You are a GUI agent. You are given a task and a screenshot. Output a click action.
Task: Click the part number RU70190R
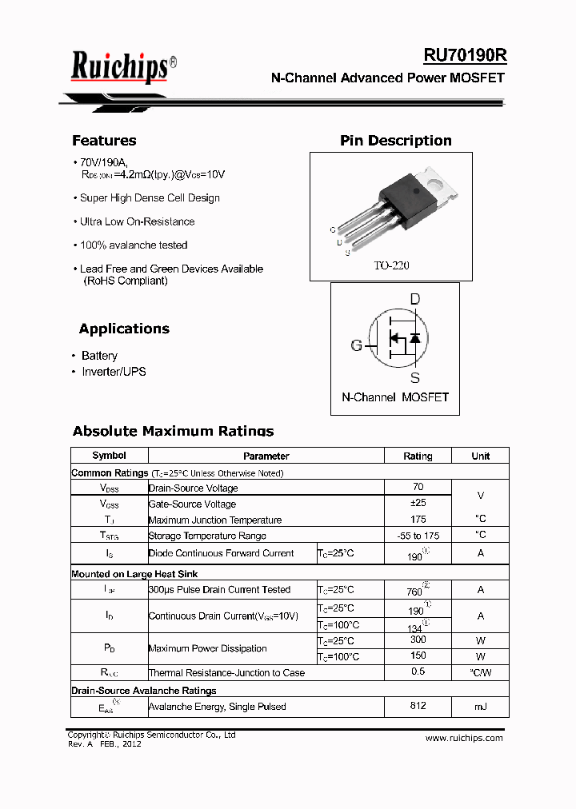click(x=465, y=55)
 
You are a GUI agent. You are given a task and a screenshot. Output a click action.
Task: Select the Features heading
click(x=104, y=141)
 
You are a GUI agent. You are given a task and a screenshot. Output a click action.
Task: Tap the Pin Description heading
click(x=395, y=141)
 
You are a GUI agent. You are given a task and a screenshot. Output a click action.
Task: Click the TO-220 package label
click(x=391, y=265)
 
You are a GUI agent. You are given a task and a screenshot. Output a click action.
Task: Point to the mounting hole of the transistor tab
click(x=437, y=182)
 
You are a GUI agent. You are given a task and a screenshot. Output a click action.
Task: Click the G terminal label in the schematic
click(x=356, y=345)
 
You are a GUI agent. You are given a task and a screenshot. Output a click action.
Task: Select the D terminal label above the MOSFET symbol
click(x=414, y=299)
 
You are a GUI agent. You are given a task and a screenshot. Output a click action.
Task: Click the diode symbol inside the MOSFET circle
click(x=414, y=338)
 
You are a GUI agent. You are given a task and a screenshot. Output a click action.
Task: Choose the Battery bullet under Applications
click(x=99, y=356)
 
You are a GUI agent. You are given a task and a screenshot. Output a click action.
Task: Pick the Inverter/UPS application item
click(x=114, y=372)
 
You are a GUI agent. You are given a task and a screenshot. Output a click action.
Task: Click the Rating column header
click(x=418, y=456)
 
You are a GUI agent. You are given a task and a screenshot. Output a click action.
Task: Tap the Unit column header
click(x=480, y=456)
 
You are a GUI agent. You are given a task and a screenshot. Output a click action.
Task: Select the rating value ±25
click(x=418, y=503)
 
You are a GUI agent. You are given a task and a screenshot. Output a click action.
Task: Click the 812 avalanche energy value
click(x=418, y=706)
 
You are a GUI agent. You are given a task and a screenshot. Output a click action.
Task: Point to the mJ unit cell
click(x=480, y=707)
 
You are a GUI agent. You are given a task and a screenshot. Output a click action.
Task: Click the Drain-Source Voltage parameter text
click(x=193, y=488)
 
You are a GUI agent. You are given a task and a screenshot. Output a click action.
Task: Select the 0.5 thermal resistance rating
click(x=418, y=672)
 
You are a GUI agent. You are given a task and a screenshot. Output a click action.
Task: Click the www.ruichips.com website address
click(x=464, y=738)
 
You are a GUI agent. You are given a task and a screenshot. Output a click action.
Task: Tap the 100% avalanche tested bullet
click(x=134, y=245)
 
